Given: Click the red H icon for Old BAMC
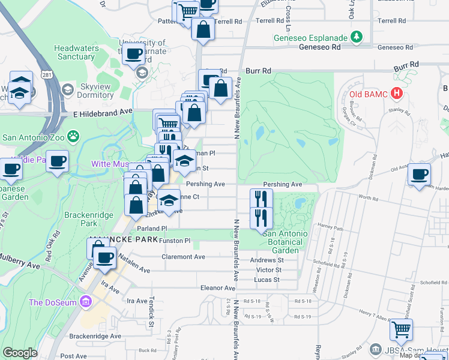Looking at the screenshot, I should [396, 93].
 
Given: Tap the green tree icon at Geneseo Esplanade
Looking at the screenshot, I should [358, 36].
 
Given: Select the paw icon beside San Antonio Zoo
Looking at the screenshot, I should [73, 136].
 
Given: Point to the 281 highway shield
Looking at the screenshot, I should [47, 74].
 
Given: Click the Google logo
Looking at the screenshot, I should [20, 353].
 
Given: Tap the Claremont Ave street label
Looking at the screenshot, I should [184, 257].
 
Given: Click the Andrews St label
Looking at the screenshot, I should [267, 260].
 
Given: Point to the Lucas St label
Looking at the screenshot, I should [267, 280].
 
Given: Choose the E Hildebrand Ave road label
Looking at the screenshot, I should [102, 112].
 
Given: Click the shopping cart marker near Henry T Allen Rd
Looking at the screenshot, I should [401, 329].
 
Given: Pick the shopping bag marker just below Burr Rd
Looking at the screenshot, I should [221, 88].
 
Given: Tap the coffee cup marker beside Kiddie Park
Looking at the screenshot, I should [57, 161].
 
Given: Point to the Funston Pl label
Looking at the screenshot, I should [175, 241].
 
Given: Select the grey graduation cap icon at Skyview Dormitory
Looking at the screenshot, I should [68, 89].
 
